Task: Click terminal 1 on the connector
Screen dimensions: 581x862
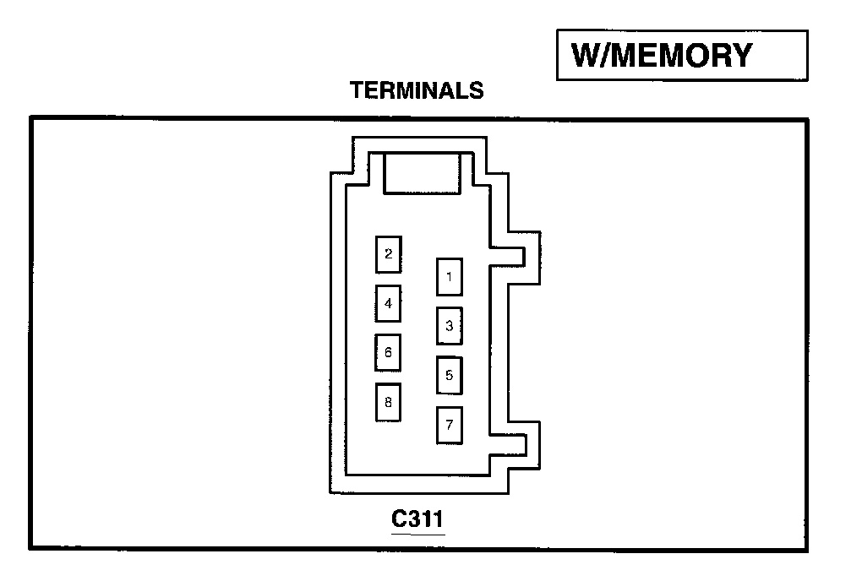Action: click(x=449, y=277)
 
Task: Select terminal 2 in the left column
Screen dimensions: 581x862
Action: click(x=388, y=254)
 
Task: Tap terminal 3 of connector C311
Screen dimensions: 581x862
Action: click(x=449, y=325)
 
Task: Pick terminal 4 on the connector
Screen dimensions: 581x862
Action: click(x=388, y=303)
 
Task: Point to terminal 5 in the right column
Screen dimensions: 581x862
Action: click(x=449, y=375)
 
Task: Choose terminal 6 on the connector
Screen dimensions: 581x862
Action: click(x=388, y=352)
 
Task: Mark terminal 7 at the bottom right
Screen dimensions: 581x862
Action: click(x=449, y=425)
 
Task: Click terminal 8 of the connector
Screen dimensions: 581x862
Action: click(x=388, y=402)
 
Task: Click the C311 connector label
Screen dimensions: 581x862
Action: click(x=417, y=519)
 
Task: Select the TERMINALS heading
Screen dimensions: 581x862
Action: click(x=417, y=90)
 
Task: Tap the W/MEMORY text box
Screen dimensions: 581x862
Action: click(x=681, y=56)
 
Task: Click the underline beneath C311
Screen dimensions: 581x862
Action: click(x=417, y=534)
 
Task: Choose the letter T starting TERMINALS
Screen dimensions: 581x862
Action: click(x=356, y=90)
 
